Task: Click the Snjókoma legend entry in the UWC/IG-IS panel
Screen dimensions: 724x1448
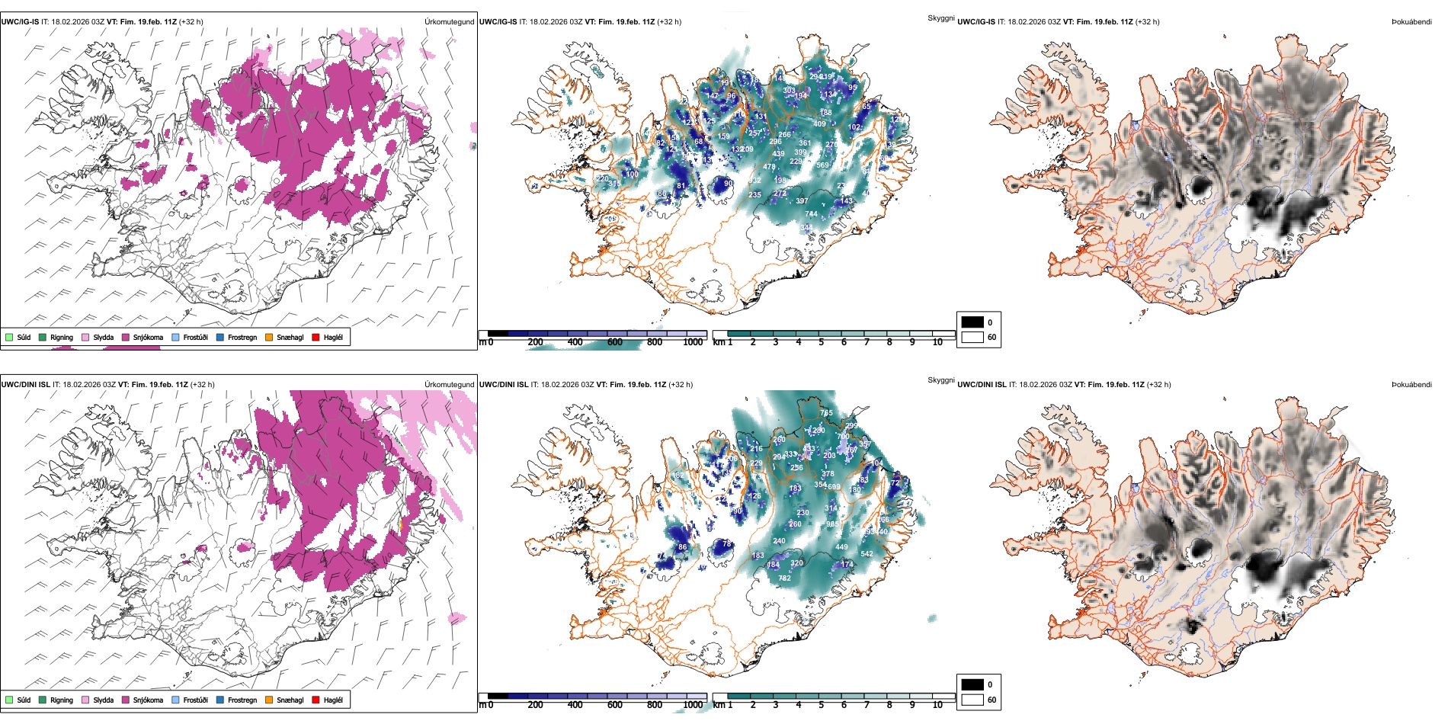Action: [x=148, y=337]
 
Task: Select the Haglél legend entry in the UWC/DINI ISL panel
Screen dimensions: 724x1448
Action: [x=333, y=700]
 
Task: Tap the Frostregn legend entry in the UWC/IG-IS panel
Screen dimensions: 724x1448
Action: [x=242, y=337]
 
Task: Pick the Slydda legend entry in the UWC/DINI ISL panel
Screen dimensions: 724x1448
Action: [x=103, y=700]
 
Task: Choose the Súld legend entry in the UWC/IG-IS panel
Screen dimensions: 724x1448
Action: [x=24, y=337]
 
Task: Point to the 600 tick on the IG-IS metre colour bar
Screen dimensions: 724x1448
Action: [x=615, y=342]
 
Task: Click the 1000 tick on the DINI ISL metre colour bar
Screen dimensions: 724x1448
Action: [x=693, y=705]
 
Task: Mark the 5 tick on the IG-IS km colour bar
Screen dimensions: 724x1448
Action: [x=822, y=342]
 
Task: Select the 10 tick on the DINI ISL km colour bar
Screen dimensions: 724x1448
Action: [x=937, y=705]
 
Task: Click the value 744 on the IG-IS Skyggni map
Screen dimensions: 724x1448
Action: [x=811, y=214]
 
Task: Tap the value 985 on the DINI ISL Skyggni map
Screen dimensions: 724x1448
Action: [x=833, y=524]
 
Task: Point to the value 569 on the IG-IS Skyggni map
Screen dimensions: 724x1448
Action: [x=822, y=165]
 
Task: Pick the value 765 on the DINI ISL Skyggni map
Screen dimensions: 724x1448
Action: [x=827, y=413]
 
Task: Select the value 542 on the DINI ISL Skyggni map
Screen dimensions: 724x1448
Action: [x=867, y=554]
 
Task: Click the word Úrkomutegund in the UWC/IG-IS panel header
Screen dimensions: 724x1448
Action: [x=449, y=22]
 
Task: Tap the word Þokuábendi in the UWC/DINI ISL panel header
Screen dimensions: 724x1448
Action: [x=1411, y=385]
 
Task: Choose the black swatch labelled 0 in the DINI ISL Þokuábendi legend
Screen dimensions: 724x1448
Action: [x=972, y=684]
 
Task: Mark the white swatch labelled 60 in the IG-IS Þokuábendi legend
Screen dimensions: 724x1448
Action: [x=972, y=337]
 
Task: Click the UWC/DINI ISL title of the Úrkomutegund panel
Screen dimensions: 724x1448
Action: [x=25, y=385]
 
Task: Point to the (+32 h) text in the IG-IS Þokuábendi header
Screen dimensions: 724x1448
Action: [x=1147, y=22]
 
